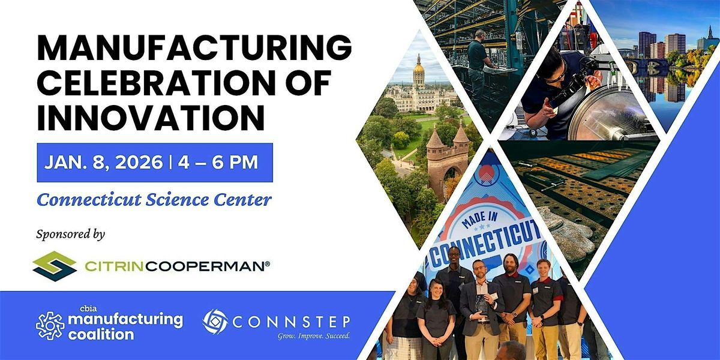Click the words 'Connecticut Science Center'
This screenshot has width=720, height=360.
click(x=154, y=200)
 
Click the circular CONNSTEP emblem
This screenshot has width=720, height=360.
click(x=215, y=322)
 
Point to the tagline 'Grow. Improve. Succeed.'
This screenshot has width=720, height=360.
click(x=313, y=335)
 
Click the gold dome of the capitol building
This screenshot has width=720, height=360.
click(x=418, y=70)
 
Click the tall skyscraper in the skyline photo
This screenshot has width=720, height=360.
click(x=647, y=45)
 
